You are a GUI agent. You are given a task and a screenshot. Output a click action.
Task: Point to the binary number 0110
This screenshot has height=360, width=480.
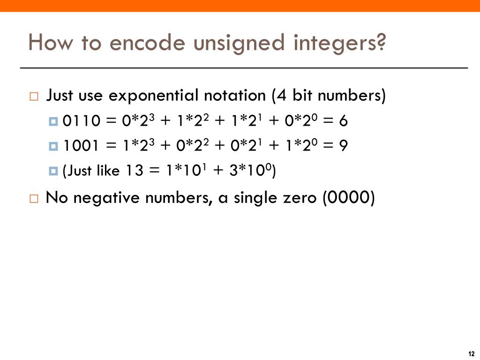(81, 121)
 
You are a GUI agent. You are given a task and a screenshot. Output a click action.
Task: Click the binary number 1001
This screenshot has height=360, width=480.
(81, 146)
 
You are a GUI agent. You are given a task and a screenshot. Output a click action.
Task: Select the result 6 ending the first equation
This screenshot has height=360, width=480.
(343, 121)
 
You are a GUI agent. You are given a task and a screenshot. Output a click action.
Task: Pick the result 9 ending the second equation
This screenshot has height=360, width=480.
(343, 146)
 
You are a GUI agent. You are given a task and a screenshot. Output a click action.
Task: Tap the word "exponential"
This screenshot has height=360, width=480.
(154, 96)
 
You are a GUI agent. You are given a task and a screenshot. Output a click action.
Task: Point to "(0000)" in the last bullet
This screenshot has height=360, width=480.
(348, 197)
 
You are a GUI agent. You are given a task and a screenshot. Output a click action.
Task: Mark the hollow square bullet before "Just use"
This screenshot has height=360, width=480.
(34, 97)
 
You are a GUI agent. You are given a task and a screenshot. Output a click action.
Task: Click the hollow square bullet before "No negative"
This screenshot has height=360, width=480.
(34, 198)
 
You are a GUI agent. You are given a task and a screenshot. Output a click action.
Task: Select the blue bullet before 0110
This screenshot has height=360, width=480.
(53, 122)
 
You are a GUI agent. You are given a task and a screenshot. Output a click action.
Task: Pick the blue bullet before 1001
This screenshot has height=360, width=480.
(53, 147)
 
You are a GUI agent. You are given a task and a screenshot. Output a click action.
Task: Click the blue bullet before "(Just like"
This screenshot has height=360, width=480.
(53, 172)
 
